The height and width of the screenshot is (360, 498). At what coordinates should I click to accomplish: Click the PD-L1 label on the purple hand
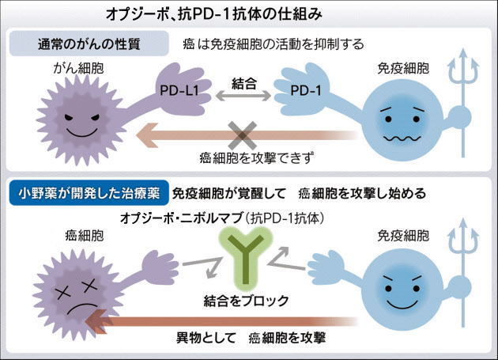click(x=179, y=91)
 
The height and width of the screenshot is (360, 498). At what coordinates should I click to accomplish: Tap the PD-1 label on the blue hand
click(x=306, y=91)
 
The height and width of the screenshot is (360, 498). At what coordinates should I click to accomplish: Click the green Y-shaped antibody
click(x=246, y=258)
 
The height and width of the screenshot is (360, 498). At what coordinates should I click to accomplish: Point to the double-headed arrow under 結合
click(x=243, y=96)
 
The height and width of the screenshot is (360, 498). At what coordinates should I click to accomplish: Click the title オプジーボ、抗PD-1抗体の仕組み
click(x=214, y=14)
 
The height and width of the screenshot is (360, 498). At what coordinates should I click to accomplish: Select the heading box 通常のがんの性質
click(x=89, y=44)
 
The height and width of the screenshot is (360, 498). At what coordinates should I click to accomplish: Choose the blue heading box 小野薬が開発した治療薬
click(x=89, y=193)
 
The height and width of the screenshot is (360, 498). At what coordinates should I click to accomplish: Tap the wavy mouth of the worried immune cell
click(x=402, y=138)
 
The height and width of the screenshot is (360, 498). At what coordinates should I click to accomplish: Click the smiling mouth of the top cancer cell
click(x=82, y=132)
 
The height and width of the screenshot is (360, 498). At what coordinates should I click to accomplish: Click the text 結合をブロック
click(x=246, y=301)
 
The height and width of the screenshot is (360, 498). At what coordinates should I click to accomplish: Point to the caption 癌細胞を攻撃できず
click(x=257, y=157)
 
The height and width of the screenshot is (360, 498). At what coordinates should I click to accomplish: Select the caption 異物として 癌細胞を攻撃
click(x=251, y=338)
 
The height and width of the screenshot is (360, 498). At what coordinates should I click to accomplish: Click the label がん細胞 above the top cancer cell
click(x=78, y=68)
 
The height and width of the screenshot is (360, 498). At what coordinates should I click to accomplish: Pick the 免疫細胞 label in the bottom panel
click(x=403, y=236)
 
